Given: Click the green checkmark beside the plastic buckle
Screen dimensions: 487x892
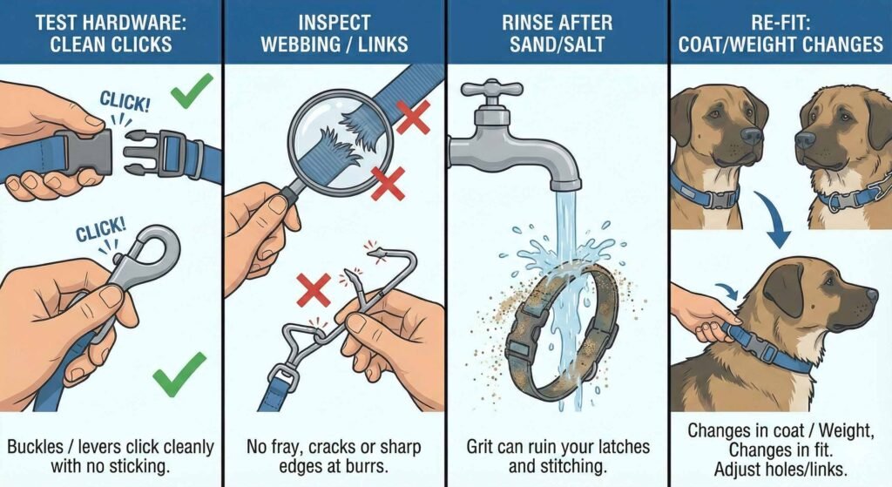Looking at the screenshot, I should [x=192, y=91].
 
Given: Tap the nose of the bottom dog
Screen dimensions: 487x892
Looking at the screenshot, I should [x=871, y=296].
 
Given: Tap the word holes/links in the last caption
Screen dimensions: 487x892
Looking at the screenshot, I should [x=802, y=467].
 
